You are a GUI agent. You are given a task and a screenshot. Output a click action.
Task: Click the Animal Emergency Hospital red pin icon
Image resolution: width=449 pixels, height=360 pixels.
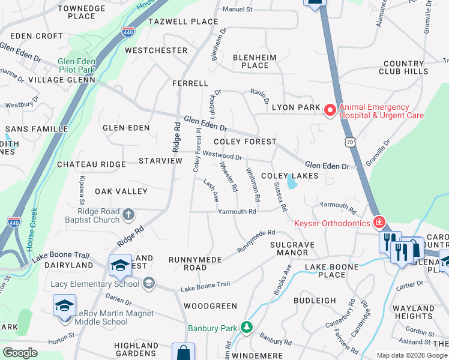point(330,110)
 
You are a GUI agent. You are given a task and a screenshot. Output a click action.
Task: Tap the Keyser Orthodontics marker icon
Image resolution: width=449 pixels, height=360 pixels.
point(379,223)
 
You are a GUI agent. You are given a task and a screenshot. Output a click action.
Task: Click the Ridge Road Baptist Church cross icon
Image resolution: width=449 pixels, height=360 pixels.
point(128,214)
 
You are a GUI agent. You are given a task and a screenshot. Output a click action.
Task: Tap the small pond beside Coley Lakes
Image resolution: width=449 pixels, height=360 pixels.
point(291,181)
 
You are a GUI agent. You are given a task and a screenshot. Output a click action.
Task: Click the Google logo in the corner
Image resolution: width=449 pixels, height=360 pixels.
point(20,353)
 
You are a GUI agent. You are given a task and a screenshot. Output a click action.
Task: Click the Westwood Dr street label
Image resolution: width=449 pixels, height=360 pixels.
point(221,156)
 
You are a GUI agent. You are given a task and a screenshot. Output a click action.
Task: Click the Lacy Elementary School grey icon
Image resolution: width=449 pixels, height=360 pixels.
point(148,283)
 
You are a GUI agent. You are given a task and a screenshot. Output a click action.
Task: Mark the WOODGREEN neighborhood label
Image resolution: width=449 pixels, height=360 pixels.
point(210,305)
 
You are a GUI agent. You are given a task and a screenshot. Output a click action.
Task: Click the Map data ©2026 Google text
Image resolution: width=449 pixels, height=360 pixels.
point(411,355)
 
